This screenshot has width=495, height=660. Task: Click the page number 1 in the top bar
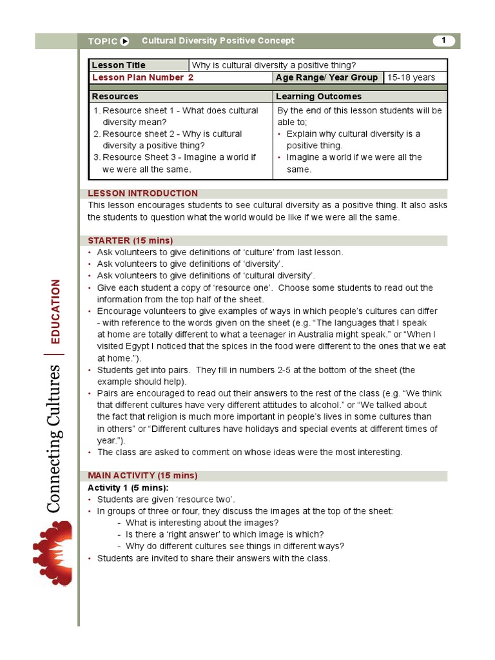click(443, 41)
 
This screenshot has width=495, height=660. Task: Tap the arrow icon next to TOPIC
click(125, 41)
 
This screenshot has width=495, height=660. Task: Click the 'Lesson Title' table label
click(119, 65)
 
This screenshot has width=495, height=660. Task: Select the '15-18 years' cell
click(411, 77)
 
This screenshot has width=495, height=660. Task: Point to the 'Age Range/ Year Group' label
click(327, 77)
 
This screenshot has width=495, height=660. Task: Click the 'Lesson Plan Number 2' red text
click(142, 77)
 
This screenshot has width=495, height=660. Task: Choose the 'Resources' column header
click(115, 96)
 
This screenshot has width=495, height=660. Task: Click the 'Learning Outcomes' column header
click(318, 96)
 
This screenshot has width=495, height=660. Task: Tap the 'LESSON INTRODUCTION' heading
click(143, 193)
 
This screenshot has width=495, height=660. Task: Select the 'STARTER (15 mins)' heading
click(130, 240)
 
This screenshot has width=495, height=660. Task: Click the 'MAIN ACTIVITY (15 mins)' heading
click(142, 476)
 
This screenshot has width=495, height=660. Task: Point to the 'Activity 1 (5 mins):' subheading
click(128, 487)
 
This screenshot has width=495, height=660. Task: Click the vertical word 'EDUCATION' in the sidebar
click(55, 311)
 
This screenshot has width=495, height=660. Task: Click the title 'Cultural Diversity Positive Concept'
click(218, 41)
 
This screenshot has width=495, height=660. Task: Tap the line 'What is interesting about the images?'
click(202, 523)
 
